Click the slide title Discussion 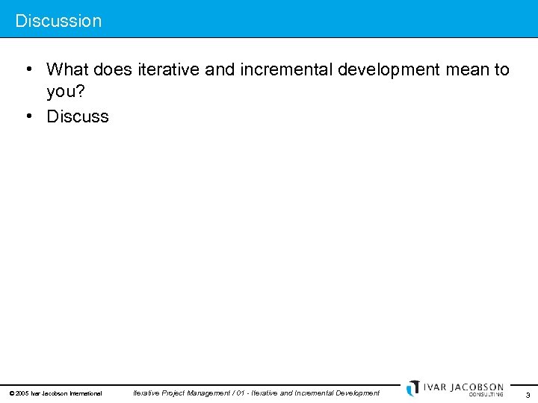[58, 21]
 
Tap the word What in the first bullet [67, 70]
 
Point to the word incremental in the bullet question [286, 70]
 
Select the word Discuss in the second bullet [78, 116]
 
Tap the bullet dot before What [27, 70]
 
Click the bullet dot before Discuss [27, 116]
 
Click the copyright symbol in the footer [11, 393]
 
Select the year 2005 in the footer [22, 393]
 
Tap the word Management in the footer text [205, 393]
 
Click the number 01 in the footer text [241, 393]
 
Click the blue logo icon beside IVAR [413, 388]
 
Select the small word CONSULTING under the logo [486, 395]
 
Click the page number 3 [528, 395]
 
